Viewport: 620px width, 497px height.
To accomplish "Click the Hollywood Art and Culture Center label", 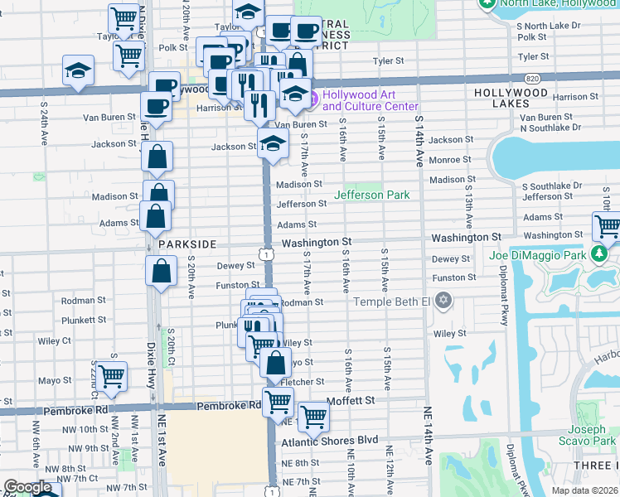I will (x=370, y=100).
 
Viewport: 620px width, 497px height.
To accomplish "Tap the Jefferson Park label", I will (x=372, y=195).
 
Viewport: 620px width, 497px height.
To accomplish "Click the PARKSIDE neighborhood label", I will (x=187, y=244).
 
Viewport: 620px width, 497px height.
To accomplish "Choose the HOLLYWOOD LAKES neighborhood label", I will (x=511, y=93).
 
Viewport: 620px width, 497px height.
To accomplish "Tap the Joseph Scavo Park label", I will (x=592, y=436).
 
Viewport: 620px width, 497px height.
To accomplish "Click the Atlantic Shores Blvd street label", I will (x=329, y=440).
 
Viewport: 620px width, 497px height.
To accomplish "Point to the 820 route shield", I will (x=534, y=78).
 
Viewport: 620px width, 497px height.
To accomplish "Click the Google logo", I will (x=27, y=487).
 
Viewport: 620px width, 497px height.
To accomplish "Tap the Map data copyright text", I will (x=585, y=490).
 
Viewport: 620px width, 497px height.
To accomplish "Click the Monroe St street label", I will (x=450, y=159).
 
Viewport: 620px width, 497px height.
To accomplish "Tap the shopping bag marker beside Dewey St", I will (x=162, y=270).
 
